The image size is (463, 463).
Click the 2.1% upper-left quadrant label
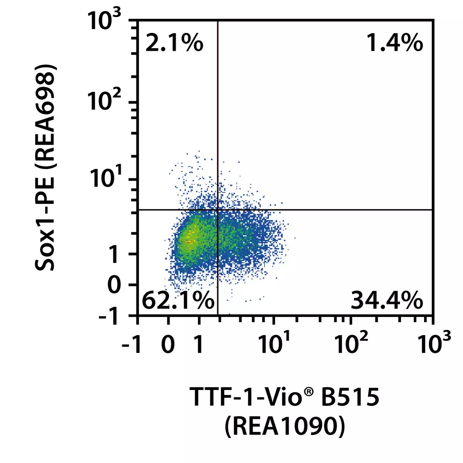[174, 43]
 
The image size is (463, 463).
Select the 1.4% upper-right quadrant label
[395, 43]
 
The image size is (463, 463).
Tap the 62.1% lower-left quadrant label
[178, 300]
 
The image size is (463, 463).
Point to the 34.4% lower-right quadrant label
[387, 300]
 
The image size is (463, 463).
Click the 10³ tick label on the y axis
[104, 20]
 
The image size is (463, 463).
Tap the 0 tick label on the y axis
[114, 285]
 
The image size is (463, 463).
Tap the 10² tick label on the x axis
[351, 343]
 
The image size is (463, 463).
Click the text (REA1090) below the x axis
[285, 426]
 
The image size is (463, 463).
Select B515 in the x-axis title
[350, 397]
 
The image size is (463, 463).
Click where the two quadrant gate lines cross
[218, 210]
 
